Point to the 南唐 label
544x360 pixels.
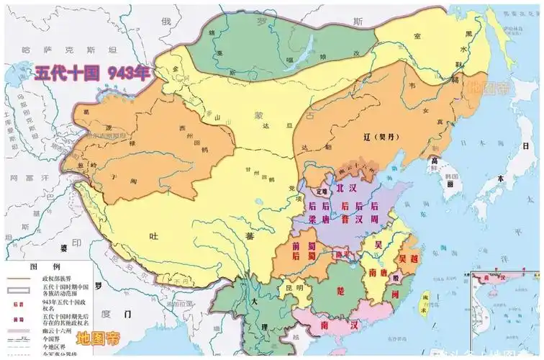click(378, 274)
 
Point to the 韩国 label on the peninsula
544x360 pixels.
click(452, 175)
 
